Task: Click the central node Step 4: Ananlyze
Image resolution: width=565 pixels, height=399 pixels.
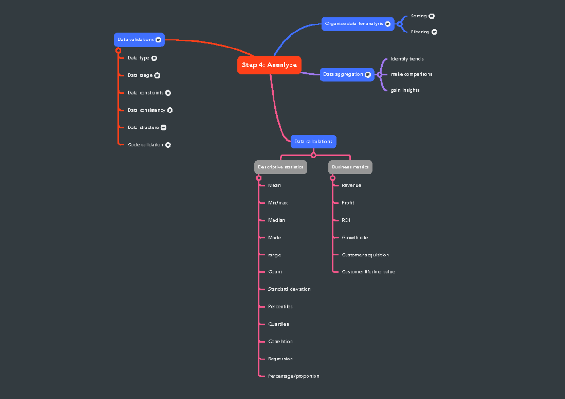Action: (x=269, y=65)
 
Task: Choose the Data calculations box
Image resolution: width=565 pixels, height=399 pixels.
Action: (x=313, y=141)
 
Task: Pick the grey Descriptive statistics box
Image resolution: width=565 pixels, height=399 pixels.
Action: (x=281, y=167)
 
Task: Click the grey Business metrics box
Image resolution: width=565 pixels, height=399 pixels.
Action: (x=350, y=167)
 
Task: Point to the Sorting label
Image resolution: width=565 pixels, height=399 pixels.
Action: (x=419, y=16)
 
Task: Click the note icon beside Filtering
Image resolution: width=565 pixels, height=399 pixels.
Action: (x=434, y=32)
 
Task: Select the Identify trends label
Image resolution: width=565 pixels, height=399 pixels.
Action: (x=407, y=59)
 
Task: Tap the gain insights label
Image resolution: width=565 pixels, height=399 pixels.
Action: (x=405, y=90)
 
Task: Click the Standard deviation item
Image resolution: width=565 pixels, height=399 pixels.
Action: (x=289, y=289)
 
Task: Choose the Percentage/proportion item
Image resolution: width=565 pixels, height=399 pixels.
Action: (x=293, y=376)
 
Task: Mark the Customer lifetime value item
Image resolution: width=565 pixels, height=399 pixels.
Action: (x=368, y=272)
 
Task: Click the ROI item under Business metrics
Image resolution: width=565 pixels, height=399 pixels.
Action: (x=346, y=220)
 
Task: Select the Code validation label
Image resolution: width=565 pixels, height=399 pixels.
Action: (x=145, y=145)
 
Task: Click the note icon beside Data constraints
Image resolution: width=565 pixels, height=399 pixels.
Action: (x=168, y=93)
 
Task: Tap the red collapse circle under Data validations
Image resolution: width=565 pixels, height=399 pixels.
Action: (x=118, y=50)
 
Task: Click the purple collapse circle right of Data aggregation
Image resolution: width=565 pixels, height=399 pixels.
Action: (x=379, y=74)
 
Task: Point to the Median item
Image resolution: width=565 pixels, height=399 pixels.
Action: (x=276, y=220)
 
